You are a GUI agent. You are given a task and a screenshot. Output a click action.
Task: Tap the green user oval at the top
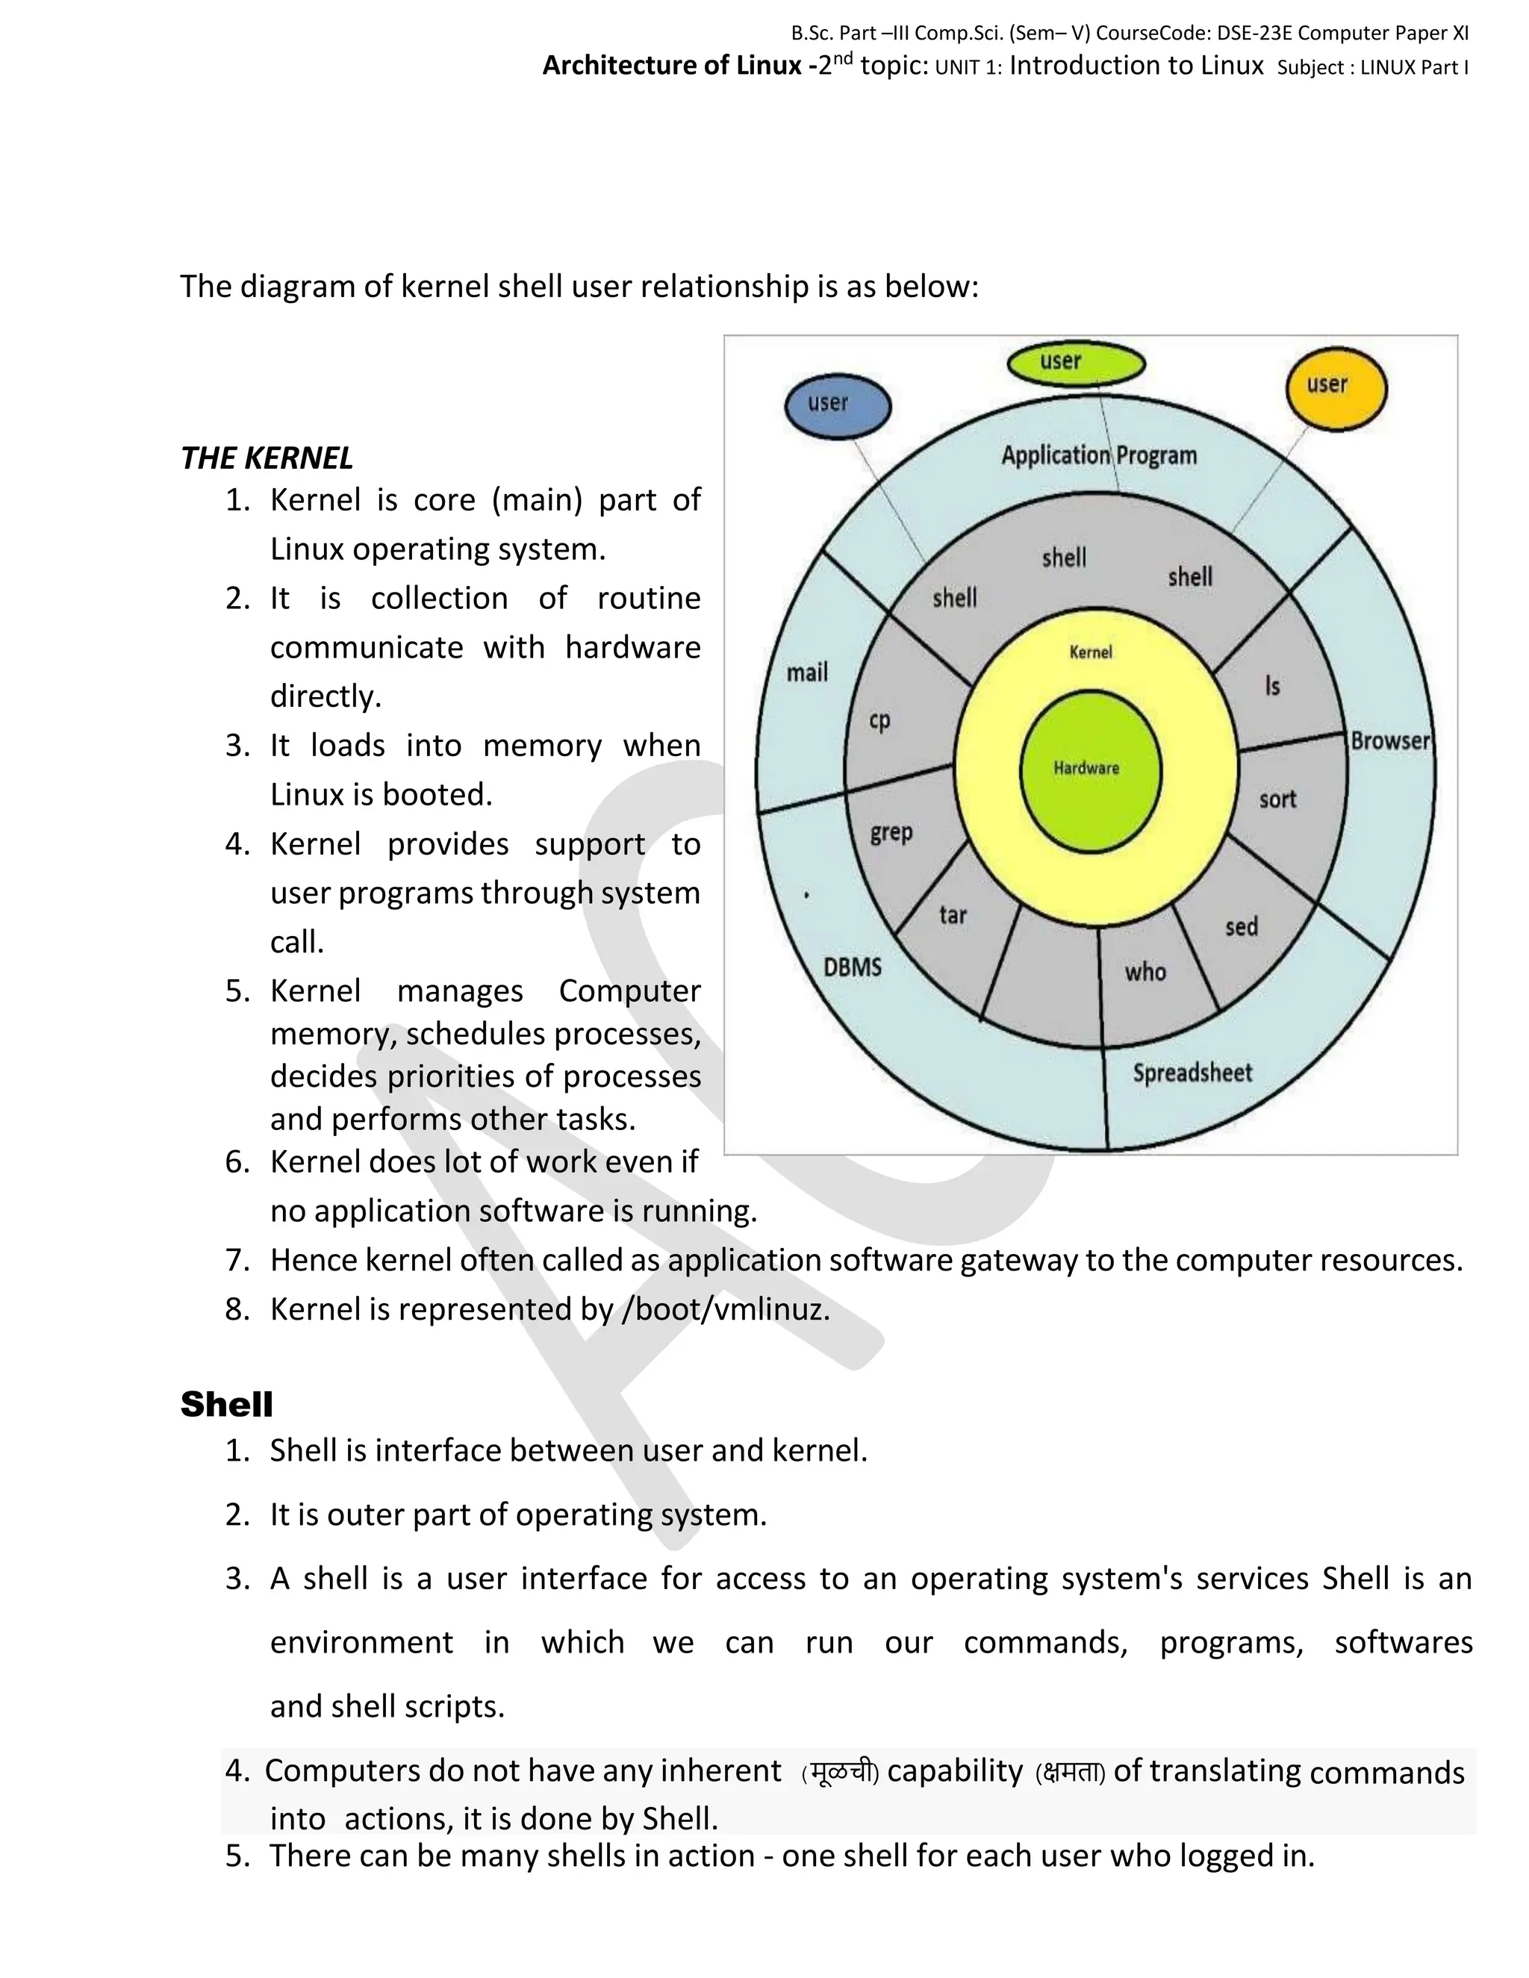pos(1076,364)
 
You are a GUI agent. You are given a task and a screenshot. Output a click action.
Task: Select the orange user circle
pos(1336,387)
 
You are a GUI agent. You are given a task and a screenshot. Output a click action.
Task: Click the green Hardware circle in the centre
pos(1091,770)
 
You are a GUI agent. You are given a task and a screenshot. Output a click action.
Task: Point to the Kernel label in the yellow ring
pos(1091,652)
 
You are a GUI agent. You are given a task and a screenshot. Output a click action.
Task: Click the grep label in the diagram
pos(891,832)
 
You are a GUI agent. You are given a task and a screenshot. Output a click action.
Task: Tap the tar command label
pos(953,916)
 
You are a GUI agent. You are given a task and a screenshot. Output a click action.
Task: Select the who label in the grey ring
pos(1146,973)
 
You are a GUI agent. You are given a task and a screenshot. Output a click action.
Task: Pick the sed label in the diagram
pos(1241,927)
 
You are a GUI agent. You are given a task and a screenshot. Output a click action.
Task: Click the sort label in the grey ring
pos(1277,799)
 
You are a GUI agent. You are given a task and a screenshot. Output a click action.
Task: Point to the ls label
pos(1273,687)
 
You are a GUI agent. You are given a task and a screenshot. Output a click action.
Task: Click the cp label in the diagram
pos(879,721)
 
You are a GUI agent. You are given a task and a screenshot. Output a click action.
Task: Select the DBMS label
pos(853,967)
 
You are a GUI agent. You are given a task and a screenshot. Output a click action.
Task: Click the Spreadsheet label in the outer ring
pos(1192,1073)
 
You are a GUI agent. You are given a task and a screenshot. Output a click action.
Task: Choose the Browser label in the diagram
pos(1389,741)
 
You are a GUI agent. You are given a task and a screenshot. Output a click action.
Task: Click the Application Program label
pos(1099,455)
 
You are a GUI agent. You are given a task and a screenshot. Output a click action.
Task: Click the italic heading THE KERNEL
pos(267,458)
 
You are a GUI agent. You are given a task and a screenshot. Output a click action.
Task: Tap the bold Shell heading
pos(226,1405)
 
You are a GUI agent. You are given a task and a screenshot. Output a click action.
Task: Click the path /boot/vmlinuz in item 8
pos(725,1310)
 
